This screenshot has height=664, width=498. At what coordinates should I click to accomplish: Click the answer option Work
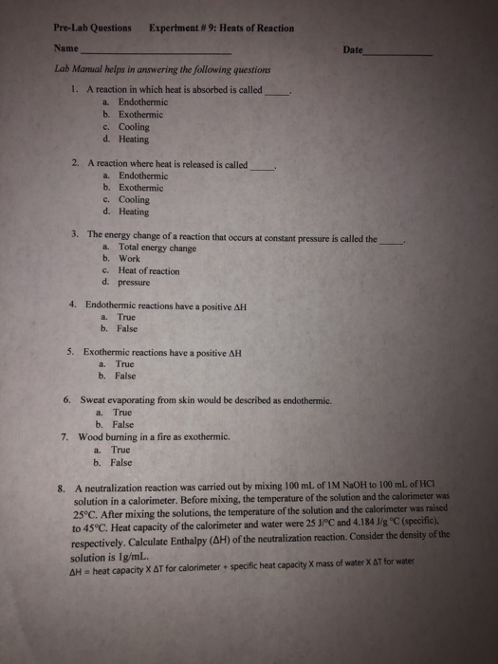(x=130, y=259)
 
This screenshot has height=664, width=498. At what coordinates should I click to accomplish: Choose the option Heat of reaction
(x=150, y=270)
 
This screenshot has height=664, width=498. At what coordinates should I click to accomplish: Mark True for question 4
(x=127, y=317)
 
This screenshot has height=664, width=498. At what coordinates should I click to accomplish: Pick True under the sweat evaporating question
(x=122, y=413)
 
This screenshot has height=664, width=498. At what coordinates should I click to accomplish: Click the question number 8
(x=60, y=489)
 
